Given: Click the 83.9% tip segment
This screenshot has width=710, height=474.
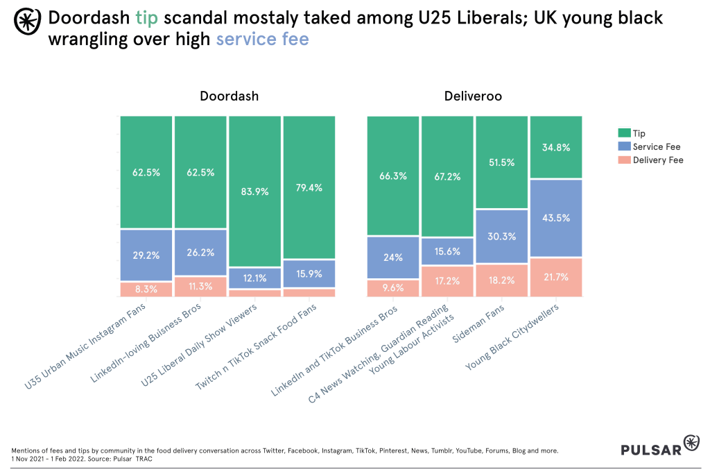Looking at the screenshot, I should [x=254, y=192].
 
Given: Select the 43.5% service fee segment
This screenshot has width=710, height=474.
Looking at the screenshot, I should [x=555, y=218].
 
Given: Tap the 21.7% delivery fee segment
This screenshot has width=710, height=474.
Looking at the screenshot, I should [x=555, y=277].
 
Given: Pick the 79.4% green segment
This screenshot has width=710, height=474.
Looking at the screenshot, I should [x=309, y=187].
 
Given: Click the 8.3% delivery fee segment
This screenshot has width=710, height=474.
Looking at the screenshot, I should [x=146, y=289].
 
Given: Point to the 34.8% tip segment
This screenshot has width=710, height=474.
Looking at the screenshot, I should [x=555, y=147].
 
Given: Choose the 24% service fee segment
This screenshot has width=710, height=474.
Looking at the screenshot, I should [x=392, y=257].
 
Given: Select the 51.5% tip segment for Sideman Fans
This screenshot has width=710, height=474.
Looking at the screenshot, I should [x=501, y=162].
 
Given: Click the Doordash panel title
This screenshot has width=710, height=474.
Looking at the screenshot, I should [x=229, y=96].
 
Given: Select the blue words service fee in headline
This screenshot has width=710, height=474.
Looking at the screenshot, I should [x=262, y=40].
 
